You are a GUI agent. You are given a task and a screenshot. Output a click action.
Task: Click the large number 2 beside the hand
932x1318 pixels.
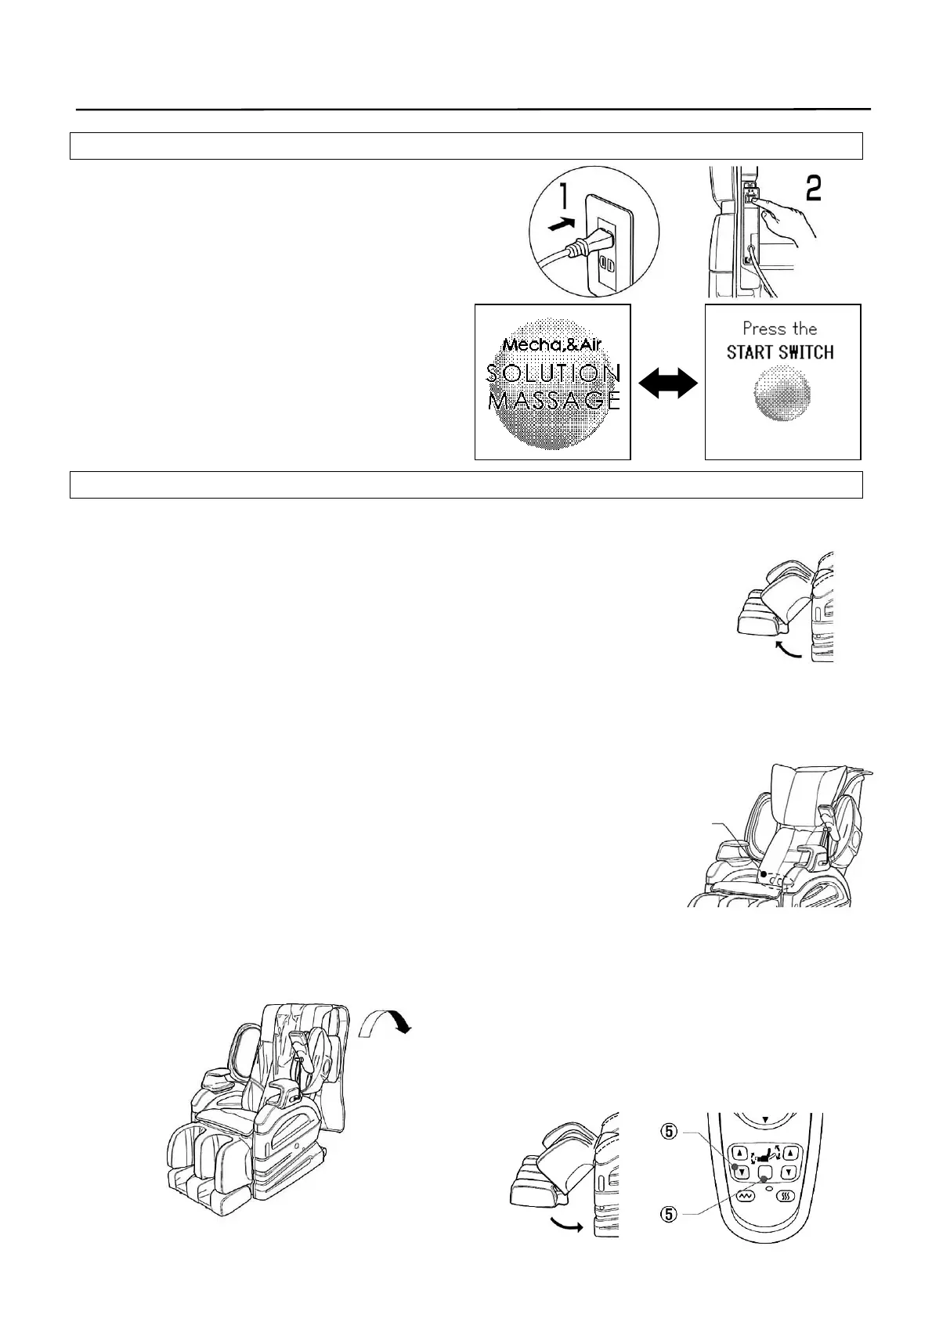point(814,188)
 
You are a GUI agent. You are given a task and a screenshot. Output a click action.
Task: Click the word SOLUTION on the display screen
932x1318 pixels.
point(553,373)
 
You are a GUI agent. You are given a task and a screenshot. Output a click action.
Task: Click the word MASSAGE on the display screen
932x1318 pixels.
point(553,401)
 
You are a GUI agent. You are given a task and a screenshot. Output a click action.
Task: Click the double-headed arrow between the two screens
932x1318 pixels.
point(668,384)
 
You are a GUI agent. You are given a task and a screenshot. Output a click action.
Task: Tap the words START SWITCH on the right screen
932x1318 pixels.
point(780,353)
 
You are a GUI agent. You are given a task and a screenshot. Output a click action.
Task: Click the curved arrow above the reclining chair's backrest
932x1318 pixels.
point(383,1022)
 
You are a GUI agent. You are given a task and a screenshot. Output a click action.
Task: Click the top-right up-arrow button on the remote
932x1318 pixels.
point(791,1152)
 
